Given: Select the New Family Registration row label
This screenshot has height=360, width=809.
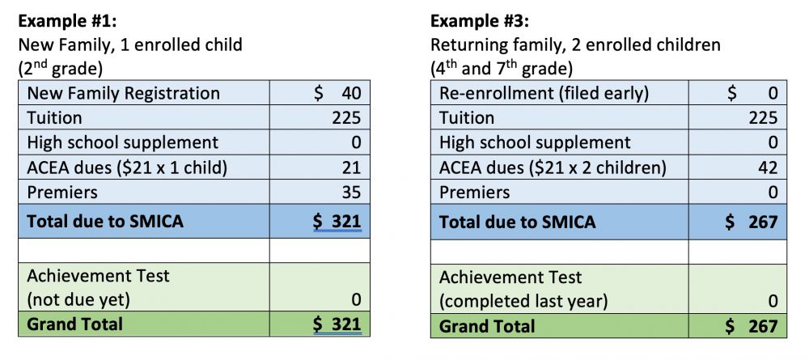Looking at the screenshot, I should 123,93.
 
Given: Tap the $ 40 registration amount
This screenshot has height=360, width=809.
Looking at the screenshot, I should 337,93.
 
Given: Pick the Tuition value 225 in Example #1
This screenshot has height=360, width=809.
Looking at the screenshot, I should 345,118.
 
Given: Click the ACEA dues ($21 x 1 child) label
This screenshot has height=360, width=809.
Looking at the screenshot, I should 128,167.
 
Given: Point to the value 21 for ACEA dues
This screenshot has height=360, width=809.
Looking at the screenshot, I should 351,167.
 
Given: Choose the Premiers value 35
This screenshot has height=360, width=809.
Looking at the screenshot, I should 350,193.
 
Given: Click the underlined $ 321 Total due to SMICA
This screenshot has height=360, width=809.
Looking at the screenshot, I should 337,221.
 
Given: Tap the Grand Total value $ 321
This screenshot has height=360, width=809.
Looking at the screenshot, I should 337,324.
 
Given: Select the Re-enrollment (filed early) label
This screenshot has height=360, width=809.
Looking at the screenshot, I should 544,93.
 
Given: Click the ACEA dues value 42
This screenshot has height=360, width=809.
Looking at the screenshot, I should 768,167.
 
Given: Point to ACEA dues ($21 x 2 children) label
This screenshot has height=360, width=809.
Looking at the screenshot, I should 553,167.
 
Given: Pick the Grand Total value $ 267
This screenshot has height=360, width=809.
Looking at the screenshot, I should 752,326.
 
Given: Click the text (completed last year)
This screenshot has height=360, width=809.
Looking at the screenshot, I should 523,301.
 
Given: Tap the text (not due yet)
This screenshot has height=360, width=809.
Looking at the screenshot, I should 78,300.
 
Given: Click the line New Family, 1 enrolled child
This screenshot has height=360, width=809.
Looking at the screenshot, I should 130,45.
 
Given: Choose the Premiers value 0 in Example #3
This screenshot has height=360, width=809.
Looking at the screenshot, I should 772,193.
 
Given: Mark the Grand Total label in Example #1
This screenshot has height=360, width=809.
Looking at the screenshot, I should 75,324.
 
